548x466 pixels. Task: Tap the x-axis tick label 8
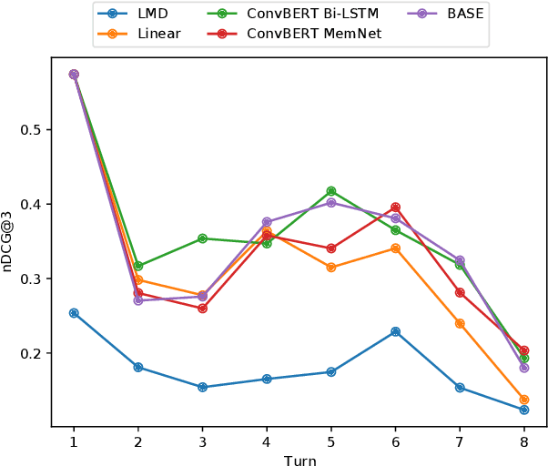pyautogui.click(x=524, y=441)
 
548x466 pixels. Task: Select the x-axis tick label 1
pyautogui.click(x=74, y=441)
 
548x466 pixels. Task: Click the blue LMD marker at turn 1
pyautogui.click(x=74, y=313)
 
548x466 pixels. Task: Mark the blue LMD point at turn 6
pyautogui.click(x=395, y=331)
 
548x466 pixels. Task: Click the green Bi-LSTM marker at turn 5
pyautogui.click(x=331, y=191)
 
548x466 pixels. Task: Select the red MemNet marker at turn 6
pyautogui.click(x=395, y=208)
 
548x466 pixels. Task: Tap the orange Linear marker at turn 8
pyautogui.click(x=524, y=400)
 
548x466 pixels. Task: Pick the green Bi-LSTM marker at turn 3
pyautogui.click(x=202, y=238)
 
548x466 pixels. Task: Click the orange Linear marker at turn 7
pyautogui.click(x=460, y=323)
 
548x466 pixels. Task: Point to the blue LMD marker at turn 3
pyautogui.click(x=202, y=387)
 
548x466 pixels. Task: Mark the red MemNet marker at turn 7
pyautogui.click(x=460, y=292)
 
